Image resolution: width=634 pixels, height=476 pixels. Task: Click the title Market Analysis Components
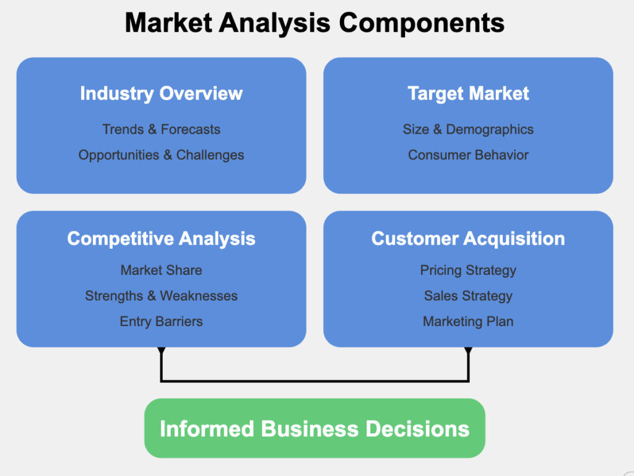(x=315, y=24)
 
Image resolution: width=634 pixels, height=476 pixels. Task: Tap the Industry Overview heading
(x=161, y=94)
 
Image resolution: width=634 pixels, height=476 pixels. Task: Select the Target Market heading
(x=468, y=94)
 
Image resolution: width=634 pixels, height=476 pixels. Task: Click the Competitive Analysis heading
(x=161, y=239)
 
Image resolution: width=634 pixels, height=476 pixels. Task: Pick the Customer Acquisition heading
(x=468, y=239)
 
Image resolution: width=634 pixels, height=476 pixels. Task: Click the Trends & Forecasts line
(x=161, y=129)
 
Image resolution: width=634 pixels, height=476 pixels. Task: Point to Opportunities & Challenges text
(x=161, y=155)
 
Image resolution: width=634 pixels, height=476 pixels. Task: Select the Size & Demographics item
(x=468, y=129)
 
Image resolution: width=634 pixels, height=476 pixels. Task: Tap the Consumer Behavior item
(x=468, y=155)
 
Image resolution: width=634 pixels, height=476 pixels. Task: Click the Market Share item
(x=161, y=270)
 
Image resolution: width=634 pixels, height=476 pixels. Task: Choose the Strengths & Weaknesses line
(x=161, y=296)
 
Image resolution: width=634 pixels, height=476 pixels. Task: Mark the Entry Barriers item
(x=161, y=321)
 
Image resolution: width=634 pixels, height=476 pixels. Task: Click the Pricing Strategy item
(x=468, y=270)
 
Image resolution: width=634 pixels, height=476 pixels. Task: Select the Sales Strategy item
(x=468, y=296)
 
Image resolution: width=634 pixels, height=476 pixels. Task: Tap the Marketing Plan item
(x=468, y=321)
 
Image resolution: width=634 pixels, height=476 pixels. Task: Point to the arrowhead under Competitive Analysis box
(x=161, y=351)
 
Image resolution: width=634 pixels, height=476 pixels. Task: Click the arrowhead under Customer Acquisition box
(x=468, y=351)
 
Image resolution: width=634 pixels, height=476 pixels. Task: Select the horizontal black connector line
(x=315, y=380)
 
